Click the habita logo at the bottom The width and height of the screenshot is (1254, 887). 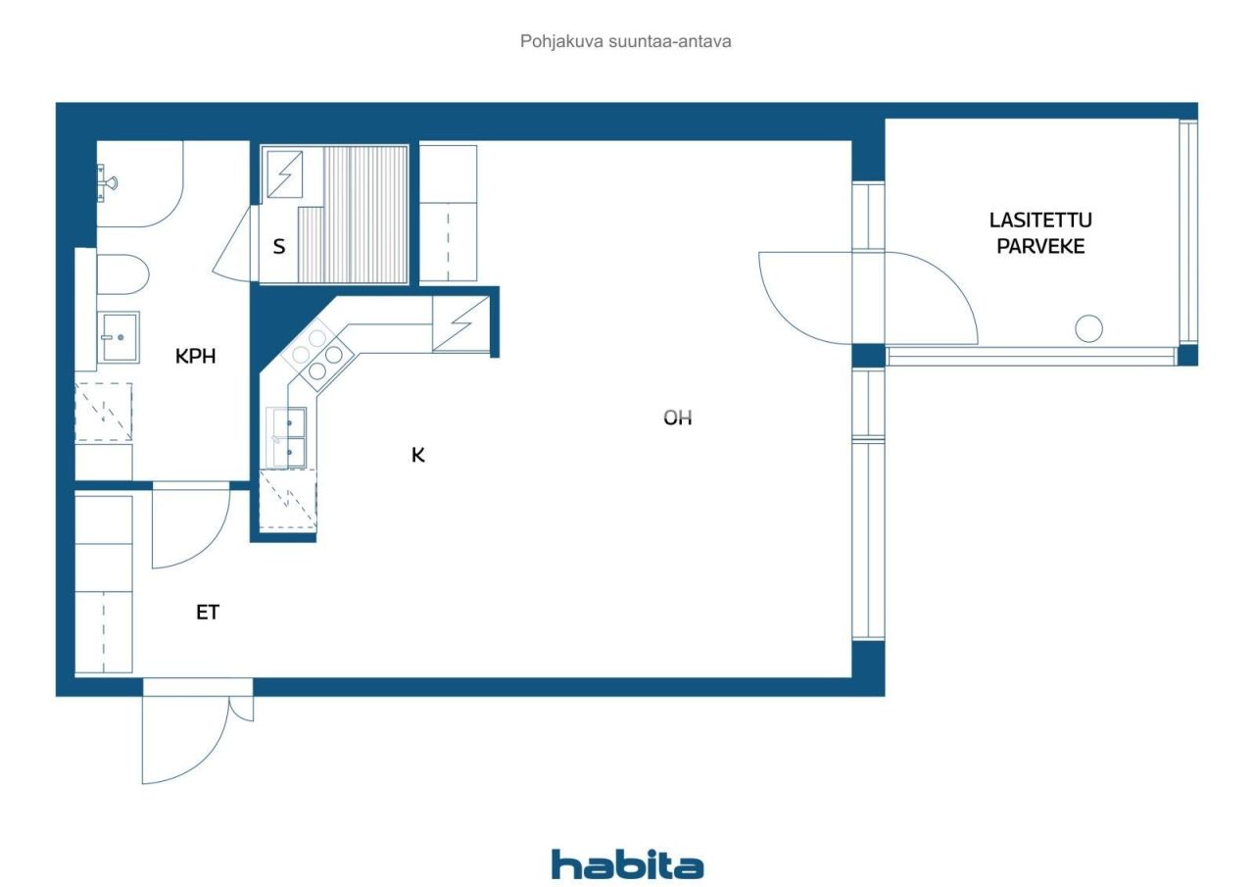[x=627, y=864]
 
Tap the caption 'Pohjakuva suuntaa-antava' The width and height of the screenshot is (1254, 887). [x=626, y=42]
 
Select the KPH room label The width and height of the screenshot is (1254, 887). [x=195, y=357]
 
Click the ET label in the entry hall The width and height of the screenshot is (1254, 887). [x=208, y=613]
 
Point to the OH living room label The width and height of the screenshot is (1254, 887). [x=678, y=418]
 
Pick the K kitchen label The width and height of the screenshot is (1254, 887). [x=418, y=455]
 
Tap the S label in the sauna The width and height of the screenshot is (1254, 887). [x=279, y=247]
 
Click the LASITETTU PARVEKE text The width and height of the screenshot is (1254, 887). [x=1040, y=233]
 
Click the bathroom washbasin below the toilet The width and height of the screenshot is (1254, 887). [x=119, y=336]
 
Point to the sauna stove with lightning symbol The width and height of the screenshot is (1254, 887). [x=285, y=174]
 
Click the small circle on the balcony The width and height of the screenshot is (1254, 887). [x=1088, y=328]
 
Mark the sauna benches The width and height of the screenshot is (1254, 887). [x=364, y=214]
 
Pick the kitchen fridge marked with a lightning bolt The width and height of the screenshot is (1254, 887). [x=460, y=323]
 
